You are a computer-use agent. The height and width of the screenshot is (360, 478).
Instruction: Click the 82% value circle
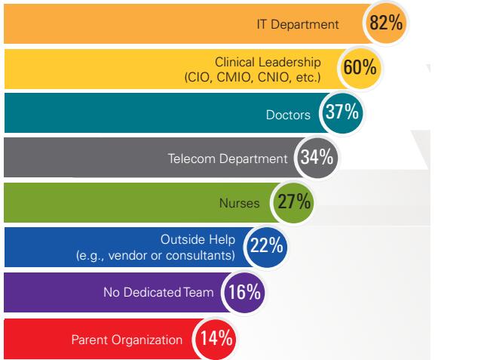(x=387, y=23)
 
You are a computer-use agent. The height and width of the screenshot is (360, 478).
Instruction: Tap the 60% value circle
(x=360, y=68)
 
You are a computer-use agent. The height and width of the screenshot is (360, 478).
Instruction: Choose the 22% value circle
(x=266, y=248)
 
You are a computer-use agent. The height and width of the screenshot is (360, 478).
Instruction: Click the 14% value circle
(x=216, y=337)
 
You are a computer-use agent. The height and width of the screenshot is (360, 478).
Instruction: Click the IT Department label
(x=308, y=25)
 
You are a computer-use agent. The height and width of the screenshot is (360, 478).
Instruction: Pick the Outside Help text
(x=198, y=241)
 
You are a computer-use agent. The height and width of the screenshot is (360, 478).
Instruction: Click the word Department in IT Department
(x=323, y=25)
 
